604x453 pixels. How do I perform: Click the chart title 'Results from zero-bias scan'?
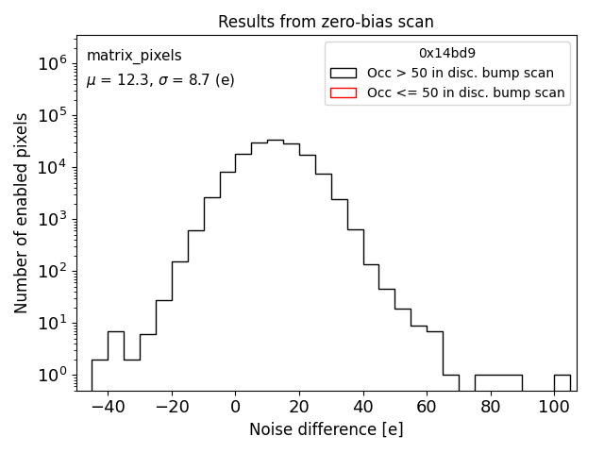point(326,22)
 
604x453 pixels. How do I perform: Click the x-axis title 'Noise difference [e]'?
point(326,429)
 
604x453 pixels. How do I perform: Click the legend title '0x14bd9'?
point(447,54)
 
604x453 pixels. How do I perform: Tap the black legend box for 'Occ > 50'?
point(344,73)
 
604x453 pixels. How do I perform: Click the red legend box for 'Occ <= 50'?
point(344,92)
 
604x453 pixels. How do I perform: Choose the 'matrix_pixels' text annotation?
point(134,56)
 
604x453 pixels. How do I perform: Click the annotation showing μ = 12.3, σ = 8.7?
point(160,80)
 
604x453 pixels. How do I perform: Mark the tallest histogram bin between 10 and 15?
point(275,264)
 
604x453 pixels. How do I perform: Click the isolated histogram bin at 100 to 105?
point(562,382)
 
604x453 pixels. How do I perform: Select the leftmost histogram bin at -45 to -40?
point(99,375)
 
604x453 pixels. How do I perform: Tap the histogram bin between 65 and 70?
point(450,382)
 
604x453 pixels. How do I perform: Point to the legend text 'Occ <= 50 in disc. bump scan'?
point(466,92)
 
